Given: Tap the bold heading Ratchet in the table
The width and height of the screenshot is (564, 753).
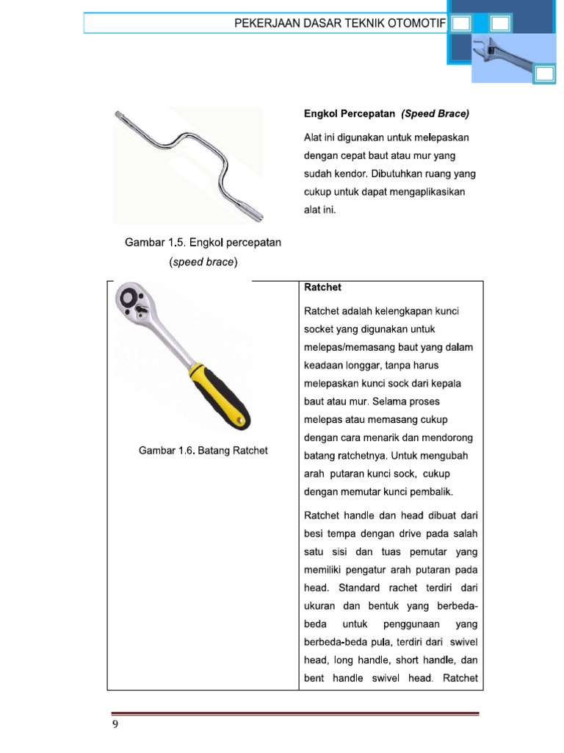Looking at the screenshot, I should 318,287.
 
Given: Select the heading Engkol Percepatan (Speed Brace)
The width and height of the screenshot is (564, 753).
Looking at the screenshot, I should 386,114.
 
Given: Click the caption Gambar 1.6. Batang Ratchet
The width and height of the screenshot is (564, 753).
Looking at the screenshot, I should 203,450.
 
